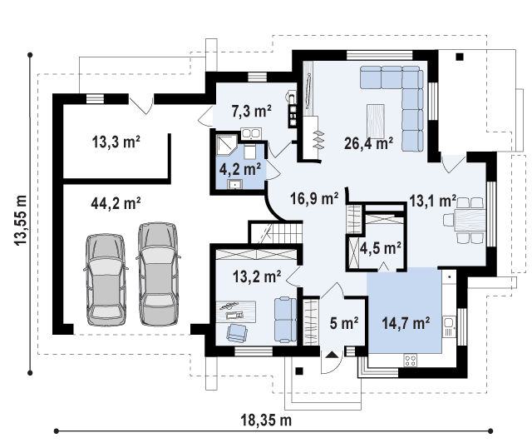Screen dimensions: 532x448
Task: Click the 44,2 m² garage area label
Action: click(116, 203)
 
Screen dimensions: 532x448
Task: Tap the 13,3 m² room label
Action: click(116, 142)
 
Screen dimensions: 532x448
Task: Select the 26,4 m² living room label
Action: click(368, 143)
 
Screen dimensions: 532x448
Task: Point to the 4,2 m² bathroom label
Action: click(240, 169)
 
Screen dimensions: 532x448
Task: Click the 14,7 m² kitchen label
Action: click(406, 323)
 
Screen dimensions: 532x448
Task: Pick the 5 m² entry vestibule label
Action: click(344, 323)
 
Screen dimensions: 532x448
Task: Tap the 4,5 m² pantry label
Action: click(381, 248)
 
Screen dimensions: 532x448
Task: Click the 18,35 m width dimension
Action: click(266, 421)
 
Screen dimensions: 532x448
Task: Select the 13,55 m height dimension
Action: click(20, 220)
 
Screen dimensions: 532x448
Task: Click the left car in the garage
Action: click(106, 280)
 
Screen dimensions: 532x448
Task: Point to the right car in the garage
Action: click(158, 274)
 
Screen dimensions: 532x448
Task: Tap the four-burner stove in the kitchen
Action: click(410, 360)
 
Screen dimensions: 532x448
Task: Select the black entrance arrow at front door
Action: click(332, 355)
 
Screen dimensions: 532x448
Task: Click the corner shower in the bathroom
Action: click(227, 144)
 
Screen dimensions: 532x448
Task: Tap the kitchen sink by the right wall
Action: click(449, 326)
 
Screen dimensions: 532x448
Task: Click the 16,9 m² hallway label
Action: click(314, 198)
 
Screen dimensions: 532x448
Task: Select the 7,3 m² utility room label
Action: click(251, 111)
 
